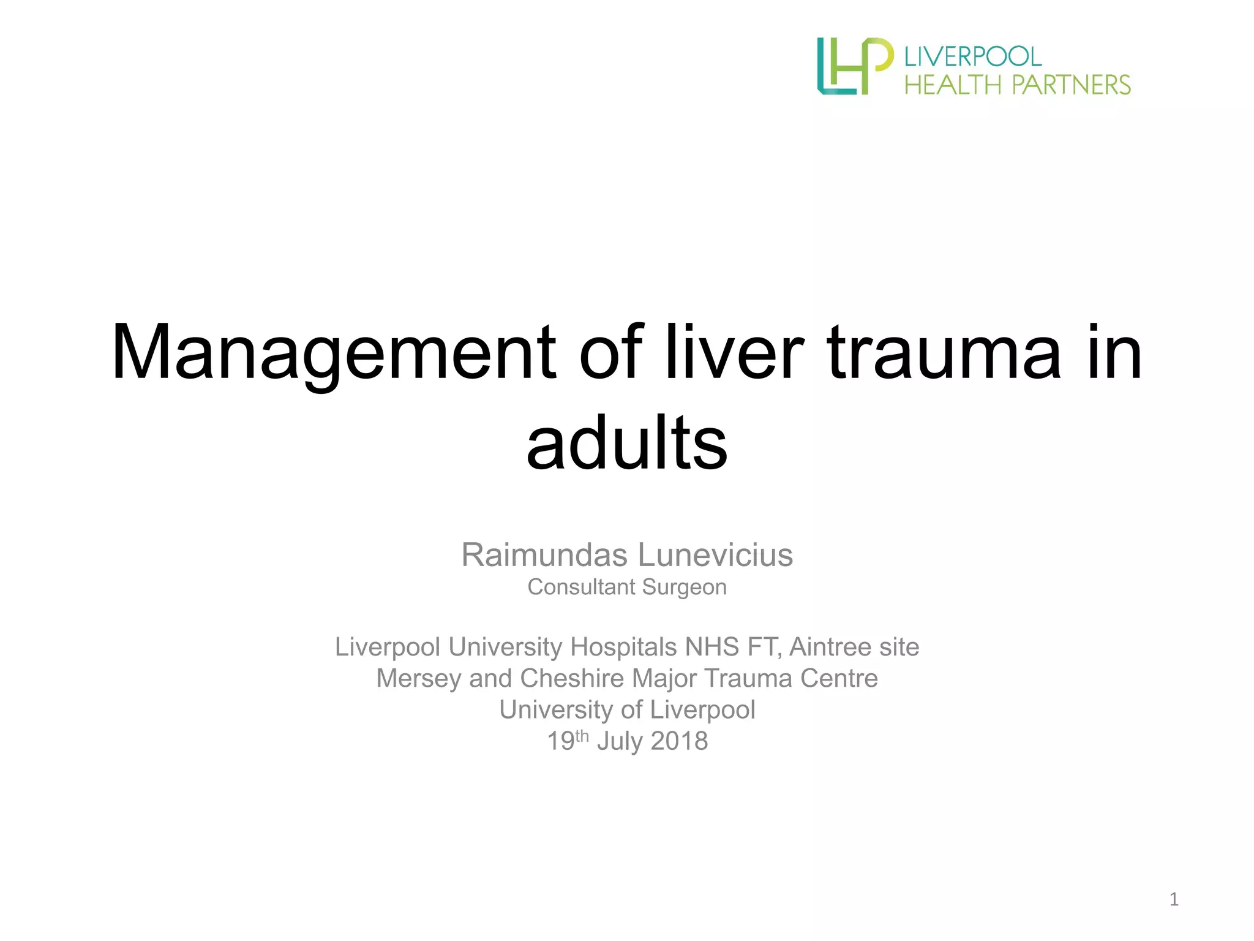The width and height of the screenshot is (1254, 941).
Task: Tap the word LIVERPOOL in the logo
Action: coord(973,57)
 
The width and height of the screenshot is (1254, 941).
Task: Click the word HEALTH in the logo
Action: coord(953,85)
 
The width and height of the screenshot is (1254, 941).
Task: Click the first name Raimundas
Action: coord(544,556)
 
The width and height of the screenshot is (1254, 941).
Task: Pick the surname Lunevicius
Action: coord(715,556)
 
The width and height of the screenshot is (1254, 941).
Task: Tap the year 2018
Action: coord(680,742)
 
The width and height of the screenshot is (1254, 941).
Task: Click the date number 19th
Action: coord(568,741)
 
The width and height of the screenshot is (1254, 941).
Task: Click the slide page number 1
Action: coord(1174,899)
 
